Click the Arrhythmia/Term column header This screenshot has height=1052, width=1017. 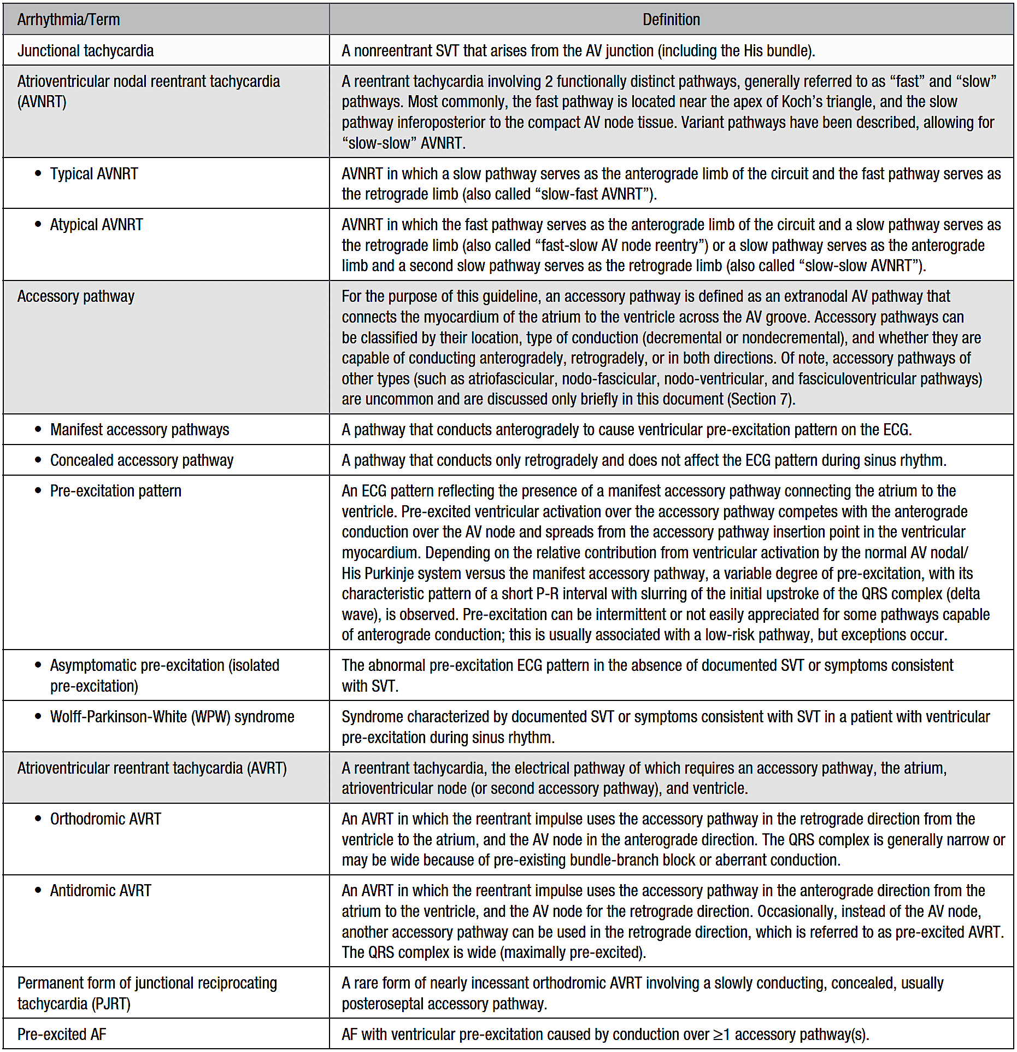coord(68,20)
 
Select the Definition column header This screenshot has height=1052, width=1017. coord(671,20)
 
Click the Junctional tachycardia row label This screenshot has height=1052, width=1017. coord(85,51)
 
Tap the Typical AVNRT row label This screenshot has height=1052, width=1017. coord(94,174)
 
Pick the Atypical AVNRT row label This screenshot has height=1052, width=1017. coord(96,225)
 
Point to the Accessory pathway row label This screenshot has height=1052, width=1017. coord(75,296)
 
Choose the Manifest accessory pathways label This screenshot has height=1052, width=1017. coord(139,430)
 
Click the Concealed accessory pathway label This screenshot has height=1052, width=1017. coord(142,460)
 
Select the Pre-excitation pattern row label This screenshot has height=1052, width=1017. coord(115,491)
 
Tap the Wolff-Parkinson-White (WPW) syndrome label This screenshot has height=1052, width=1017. coord(172,717)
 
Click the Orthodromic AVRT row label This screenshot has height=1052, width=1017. coord(105,819)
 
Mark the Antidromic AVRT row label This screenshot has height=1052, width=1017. coord(101,891)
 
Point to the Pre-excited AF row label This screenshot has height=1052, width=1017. coord(62,1034)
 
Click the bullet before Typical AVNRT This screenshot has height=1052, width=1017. coord(38,173)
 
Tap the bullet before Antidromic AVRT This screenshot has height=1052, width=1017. coord(38,890)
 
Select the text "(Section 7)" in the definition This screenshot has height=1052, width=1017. coord(760,399)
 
